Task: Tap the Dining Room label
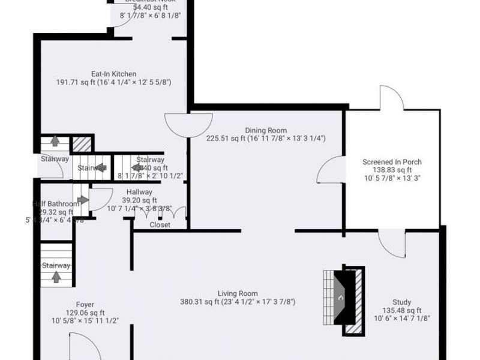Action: [x=266, y=130]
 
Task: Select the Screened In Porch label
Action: [x=392, y=162]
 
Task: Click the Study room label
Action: [x=401, y=302]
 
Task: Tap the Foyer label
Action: [x=85, y=305]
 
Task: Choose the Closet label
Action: [x=160, y=225]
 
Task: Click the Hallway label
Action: [x=139, y=192]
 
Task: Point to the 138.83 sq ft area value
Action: [x=392, y=170]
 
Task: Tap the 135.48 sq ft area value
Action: [x=401, y=310]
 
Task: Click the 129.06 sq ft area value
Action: [x=85, y=313]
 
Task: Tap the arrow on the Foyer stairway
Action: [x=56, y=277]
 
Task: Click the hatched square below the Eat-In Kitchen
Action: [x=82, y=144]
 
